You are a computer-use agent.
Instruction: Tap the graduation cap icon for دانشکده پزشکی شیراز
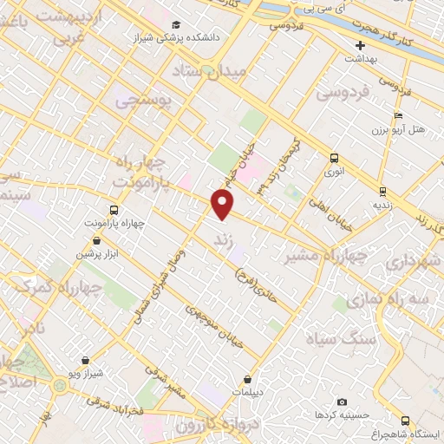tap(177, 24)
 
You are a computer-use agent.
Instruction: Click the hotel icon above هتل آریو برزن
tap(398, 115)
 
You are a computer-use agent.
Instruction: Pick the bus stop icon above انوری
tap(334, 157)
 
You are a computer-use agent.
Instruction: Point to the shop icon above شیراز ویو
tap(85, 360)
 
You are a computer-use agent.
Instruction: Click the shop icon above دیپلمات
tap(248, 378)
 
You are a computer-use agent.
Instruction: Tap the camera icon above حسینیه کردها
tap(343, 402)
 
